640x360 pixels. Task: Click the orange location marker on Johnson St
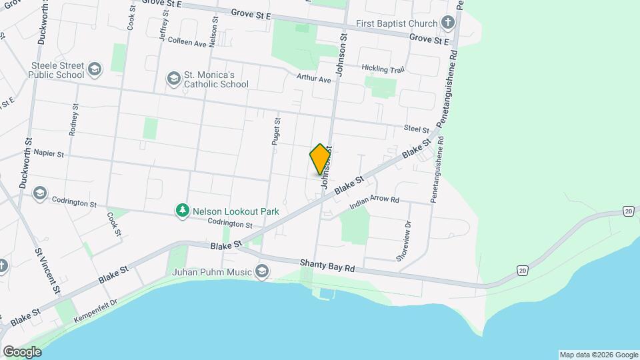click(321, 159)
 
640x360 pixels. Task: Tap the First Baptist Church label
click(397, 23)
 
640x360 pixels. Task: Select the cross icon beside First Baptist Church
click(448, 23)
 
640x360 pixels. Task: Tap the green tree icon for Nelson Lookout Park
click(182, 211)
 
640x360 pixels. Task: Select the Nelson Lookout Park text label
click(235, 211)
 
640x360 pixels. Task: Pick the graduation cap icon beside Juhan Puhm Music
click(262, 271)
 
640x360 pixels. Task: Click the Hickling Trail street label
click(383, 69)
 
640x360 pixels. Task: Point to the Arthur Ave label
click(314, 79)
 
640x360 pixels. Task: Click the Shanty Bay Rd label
click(327, 265)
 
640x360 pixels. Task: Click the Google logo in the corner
click(22, 351)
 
